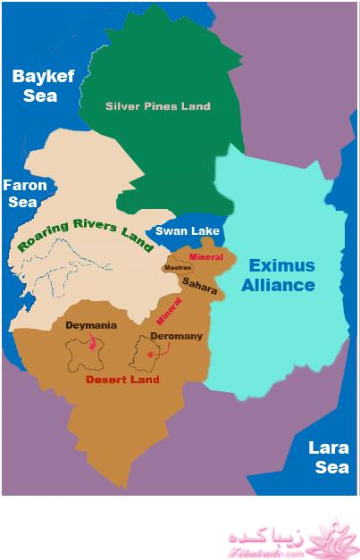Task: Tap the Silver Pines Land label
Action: click(158, 106)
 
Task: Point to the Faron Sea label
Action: click(20, 194)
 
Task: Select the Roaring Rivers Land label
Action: click(85, 233)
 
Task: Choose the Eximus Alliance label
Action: click(282, 275)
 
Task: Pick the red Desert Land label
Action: click(121, 380)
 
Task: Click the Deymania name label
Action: click(91, 326)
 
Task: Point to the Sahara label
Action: click(199, 282)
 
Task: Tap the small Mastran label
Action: click(176, 267)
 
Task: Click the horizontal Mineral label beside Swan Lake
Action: click(205, 257)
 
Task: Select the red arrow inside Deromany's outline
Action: click(157, 354)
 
